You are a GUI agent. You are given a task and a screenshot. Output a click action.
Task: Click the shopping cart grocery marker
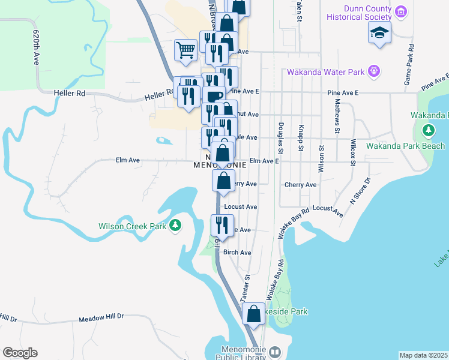tap(186, 50)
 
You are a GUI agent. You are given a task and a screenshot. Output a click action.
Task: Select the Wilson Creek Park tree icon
tap(175, 226)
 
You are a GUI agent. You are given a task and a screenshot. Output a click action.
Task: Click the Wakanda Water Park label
tap(326, 72)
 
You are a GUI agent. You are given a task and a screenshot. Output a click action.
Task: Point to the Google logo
tap(20, 353)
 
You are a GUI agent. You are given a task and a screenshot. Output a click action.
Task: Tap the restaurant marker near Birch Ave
tap(222, 225)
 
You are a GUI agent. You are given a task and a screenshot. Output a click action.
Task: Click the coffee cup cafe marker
tap(213, 95)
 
